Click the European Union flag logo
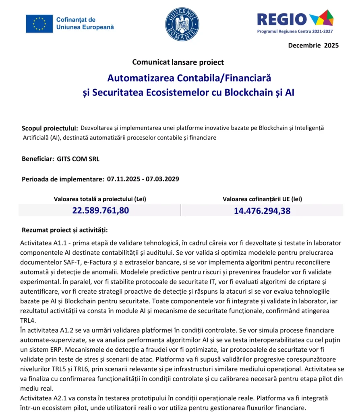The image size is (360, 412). pos(39,23)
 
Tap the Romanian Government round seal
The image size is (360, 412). pos(182,24)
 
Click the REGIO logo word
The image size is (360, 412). pos(282,19)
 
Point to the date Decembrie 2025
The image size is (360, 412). pos(313,45)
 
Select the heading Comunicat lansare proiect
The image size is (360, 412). pos(178,62)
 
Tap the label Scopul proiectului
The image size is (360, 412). pos(50,128)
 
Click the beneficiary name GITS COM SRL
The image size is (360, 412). pos(78,159)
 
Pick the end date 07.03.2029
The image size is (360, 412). pos(163,179)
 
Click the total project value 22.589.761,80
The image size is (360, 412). pos(101,210)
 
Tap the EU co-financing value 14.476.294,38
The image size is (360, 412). pos(262,210)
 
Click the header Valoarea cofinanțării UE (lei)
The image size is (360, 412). pos(262,199)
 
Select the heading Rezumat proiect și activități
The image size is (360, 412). pos(64,230)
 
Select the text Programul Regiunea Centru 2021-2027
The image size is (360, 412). pos(295,31)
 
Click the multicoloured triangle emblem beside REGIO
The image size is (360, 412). pos(321,18)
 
